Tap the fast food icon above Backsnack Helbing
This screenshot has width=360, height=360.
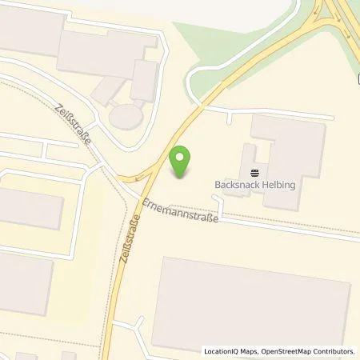click(x=255, y=172)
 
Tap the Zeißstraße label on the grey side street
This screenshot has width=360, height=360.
click(x=74, y=124)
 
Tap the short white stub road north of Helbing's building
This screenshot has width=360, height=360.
click(x=231, y=119)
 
